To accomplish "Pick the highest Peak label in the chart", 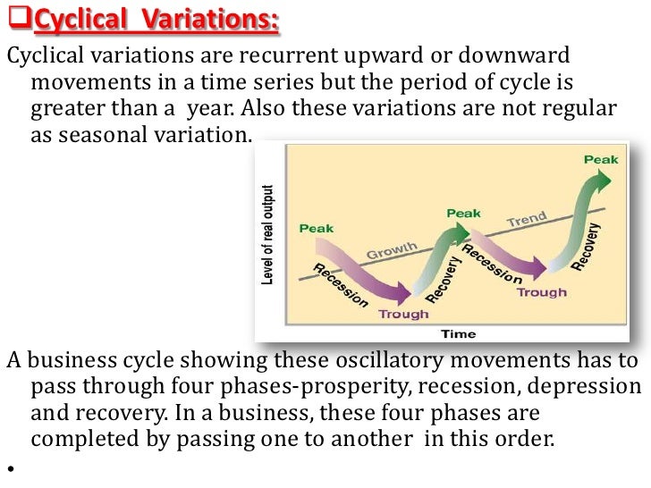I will [x=600, y=159].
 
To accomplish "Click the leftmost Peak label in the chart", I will [x=317, y=228].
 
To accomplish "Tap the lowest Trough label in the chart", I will [x=403, y=314].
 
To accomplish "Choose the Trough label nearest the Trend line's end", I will [x=541, y=292].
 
